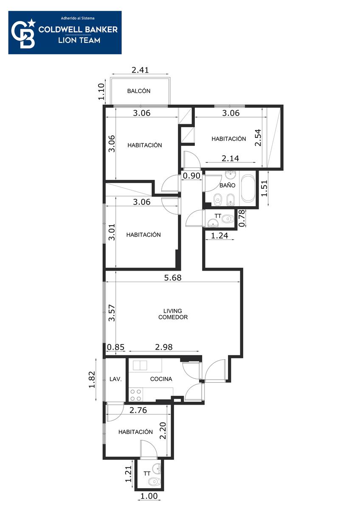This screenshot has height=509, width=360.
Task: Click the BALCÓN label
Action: click(x=139, y=91)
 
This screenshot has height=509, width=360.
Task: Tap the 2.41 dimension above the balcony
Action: click(x=141, y=70)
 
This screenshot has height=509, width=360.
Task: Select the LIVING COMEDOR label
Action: click(x=173, y=314)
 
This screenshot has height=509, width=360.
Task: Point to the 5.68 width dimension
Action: click(x=173, y=277)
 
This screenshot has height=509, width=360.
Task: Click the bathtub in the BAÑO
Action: click(x=247, y=188)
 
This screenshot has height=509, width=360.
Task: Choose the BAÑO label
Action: click(x=228, y=185)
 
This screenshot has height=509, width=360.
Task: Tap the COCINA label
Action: click(x=161, y=379)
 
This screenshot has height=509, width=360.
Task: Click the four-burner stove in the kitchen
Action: click(x=135, y=395)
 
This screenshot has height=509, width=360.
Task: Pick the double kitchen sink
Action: click(x=140, y=365)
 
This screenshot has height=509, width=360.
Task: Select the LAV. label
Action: click(x=115, y=379)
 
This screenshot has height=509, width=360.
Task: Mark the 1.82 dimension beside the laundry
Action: click(x=92, y=380)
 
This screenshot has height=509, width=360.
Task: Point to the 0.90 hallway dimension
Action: click(x=191, y=176)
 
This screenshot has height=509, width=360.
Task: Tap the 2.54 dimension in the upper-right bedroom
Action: click(x=258, y=138)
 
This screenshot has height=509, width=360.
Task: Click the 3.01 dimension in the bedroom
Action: click(x=112, y=232)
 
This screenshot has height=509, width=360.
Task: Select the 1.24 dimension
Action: click(x=219, y=235)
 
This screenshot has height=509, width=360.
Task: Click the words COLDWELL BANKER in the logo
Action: click(x=78, y=29)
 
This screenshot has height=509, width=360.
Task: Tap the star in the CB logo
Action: click(x=32, y=23)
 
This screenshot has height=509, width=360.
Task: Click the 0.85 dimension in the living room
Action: click(x=116, y=347)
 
